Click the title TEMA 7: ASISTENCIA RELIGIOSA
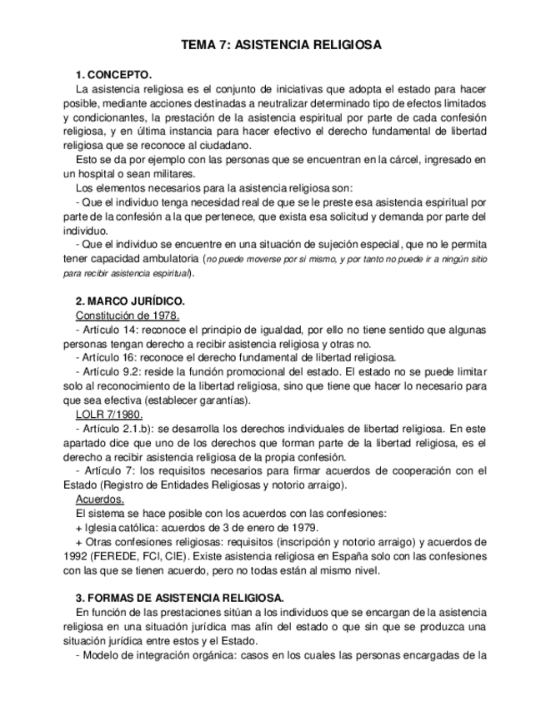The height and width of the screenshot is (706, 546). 281,45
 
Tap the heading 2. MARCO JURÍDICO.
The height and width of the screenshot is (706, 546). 130,301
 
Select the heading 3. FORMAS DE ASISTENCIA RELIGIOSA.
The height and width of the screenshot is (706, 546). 179,598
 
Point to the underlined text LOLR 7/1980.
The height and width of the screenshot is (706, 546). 108,414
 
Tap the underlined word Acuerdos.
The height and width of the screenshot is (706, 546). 100,500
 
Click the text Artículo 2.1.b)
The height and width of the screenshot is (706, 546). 119,428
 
